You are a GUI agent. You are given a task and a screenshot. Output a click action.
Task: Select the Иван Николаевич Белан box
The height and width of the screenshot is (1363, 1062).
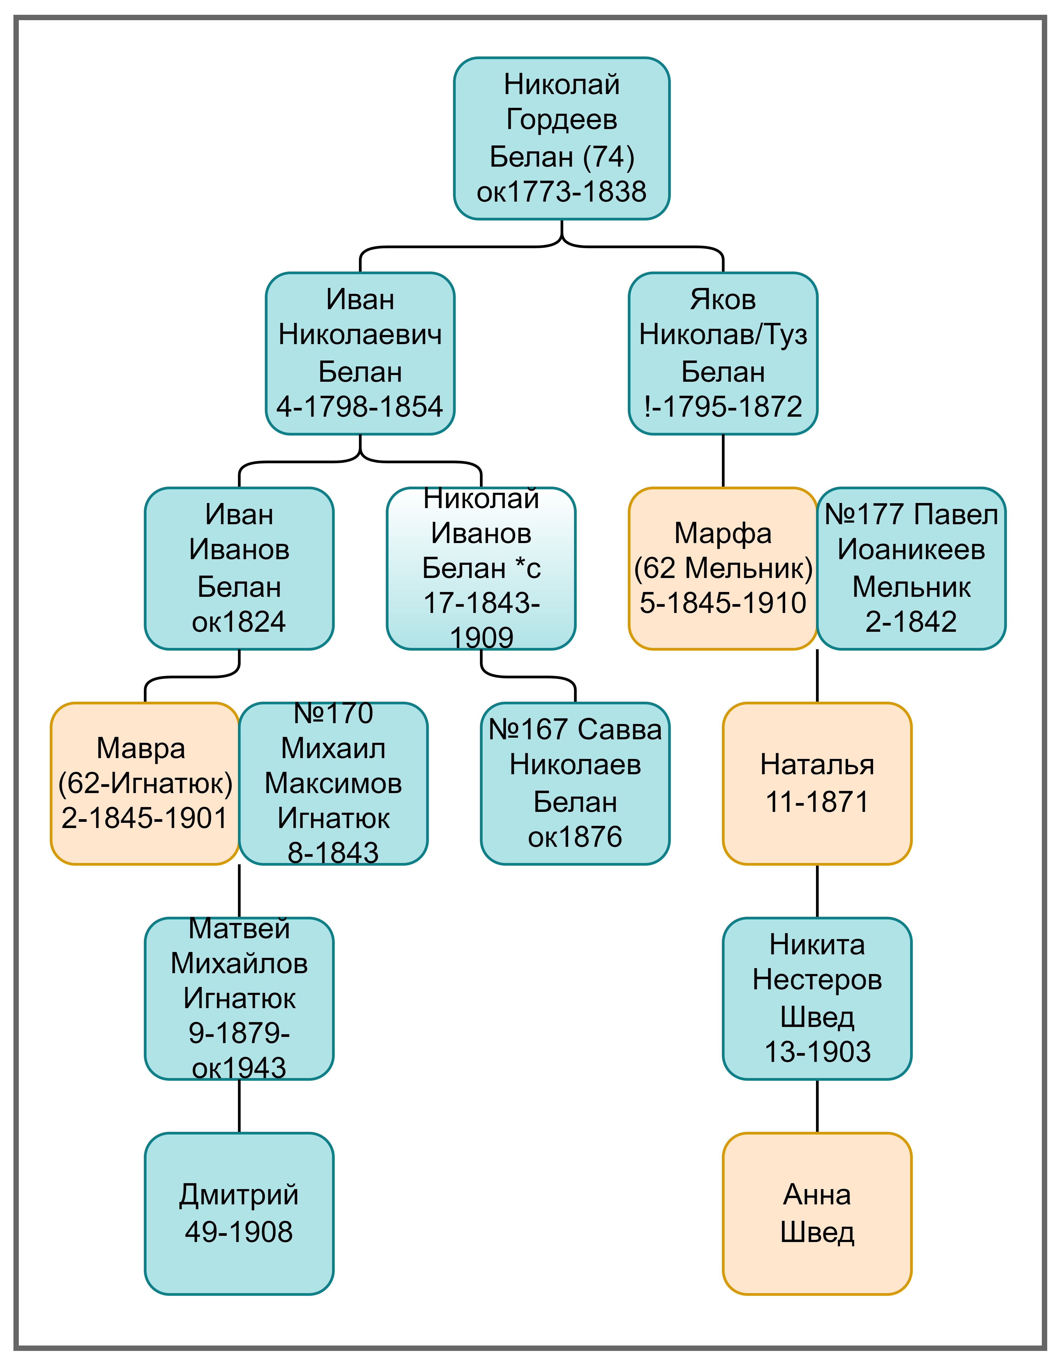(x=360, y=353)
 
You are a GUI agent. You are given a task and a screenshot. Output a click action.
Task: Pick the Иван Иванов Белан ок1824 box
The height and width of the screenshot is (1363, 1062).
(x=239, y=569)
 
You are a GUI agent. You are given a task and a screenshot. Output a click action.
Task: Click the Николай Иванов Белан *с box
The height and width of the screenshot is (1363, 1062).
(x=481, y=569)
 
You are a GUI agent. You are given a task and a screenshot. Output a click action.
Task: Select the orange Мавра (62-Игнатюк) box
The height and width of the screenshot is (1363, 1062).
(x=145, y=783)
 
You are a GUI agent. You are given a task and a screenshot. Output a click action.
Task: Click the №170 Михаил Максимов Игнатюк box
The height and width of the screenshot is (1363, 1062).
(x=333, y=783)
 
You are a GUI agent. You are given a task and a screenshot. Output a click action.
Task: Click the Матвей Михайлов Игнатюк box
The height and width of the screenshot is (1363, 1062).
(x=239, y=998)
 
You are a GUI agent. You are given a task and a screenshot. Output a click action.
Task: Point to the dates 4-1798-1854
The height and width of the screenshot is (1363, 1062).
(x=360, y=407)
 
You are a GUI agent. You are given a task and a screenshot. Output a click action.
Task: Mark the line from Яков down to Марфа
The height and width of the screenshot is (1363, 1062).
(x=723, y=461)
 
